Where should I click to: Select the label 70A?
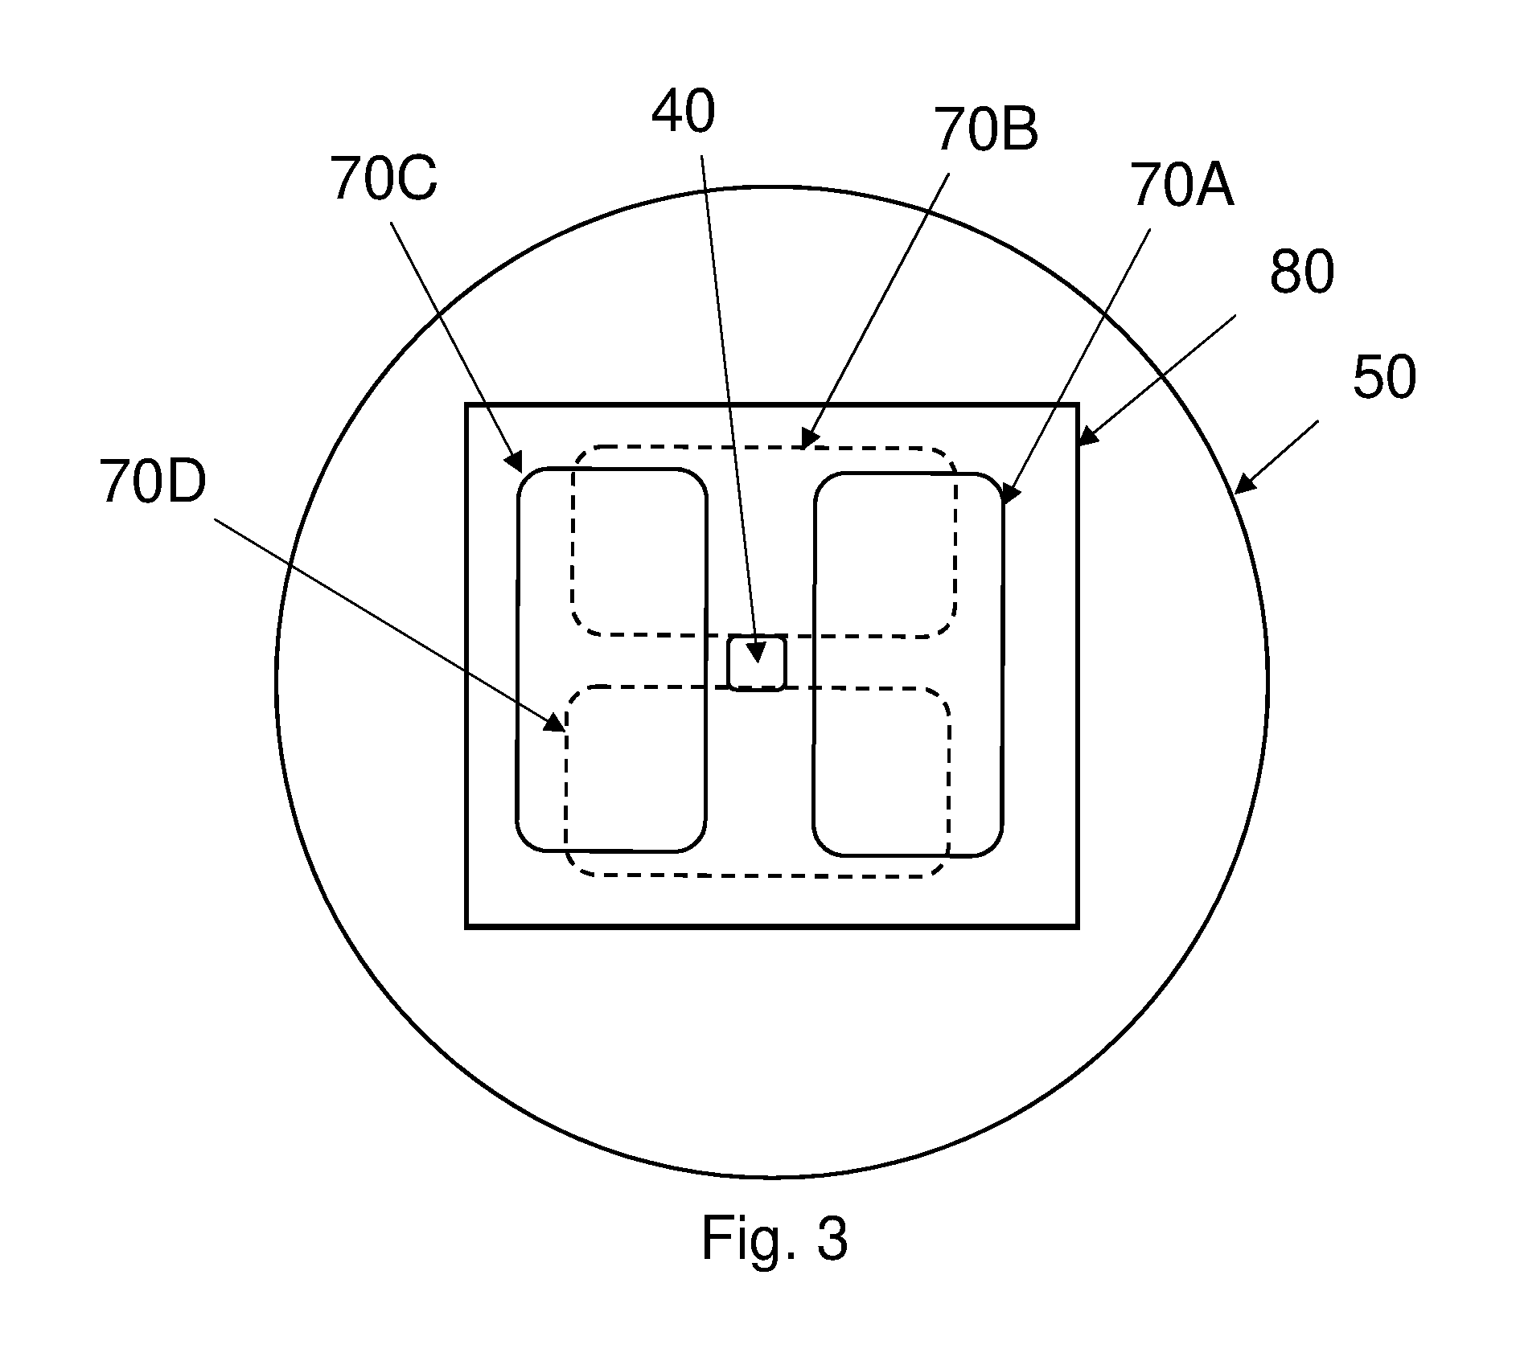point(1181,184)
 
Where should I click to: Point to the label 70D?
point(153,482)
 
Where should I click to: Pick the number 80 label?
point(1302,271)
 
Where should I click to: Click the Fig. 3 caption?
point(774,1239)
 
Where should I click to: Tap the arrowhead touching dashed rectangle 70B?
point(810,438)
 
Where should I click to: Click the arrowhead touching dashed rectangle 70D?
point(554,723)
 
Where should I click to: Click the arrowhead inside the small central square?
point(756,651)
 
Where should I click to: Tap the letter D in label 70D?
point(185,482)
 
